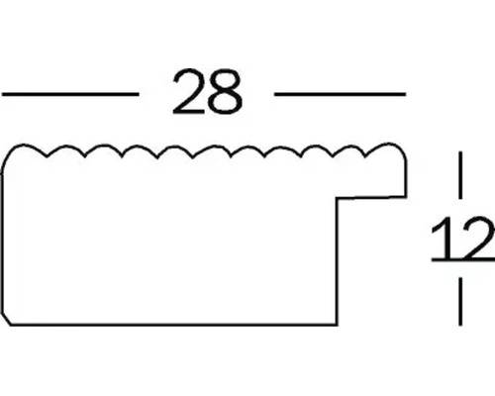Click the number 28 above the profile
(x=208, y=91)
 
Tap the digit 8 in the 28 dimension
(x=226, y=91)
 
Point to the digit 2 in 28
(x=189, y=91)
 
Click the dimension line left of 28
(x=70, y=94)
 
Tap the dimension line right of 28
(x=340, y=94)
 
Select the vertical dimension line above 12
(x=460, y=175)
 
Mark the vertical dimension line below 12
(x=460, y=301)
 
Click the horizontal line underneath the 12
(x=463, y=260)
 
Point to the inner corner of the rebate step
(x=337, y=198)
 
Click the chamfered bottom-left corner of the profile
(x=6, y=318)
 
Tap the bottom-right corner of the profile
(x=337, y=325)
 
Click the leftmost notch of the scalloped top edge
(x=47, y=156)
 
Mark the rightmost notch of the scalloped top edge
(x=365, y=156)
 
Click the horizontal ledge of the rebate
(x=371, y=197)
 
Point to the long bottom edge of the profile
(x=174, y=325)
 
